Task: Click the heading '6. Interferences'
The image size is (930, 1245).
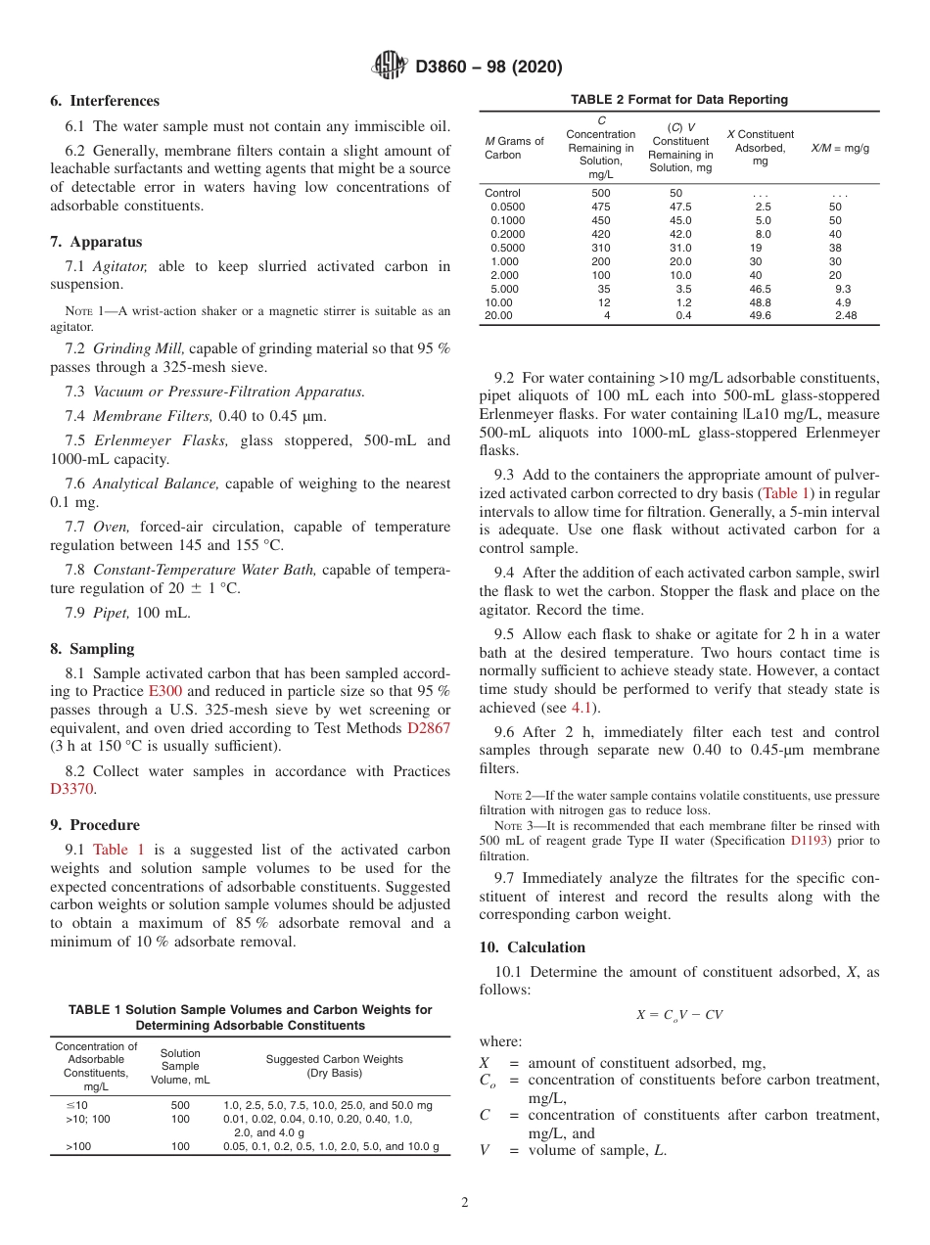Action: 104,101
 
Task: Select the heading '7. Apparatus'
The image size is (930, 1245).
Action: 95,242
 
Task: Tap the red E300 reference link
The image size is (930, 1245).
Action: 164,691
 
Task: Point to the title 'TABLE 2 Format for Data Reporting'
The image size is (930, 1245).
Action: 678,100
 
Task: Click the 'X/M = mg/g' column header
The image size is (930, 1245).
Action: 840,148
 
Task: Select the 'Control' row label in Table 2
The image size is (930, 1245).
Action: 503,193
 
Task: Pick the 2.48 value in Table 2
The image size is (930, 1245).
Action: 845,315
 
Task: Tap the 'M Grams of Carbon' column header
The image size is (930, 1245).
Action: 514,148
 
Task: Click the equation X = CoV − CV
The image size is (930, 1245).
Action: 678,1015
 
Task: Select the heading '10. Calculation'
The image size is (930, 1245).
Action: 532,947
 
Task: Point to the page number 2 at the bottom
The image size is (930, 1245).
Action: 464,1202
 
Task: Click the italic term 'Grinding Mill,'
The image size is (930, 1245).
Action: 136,347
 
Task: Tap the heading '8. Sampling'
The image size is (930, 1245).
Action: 93,649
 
